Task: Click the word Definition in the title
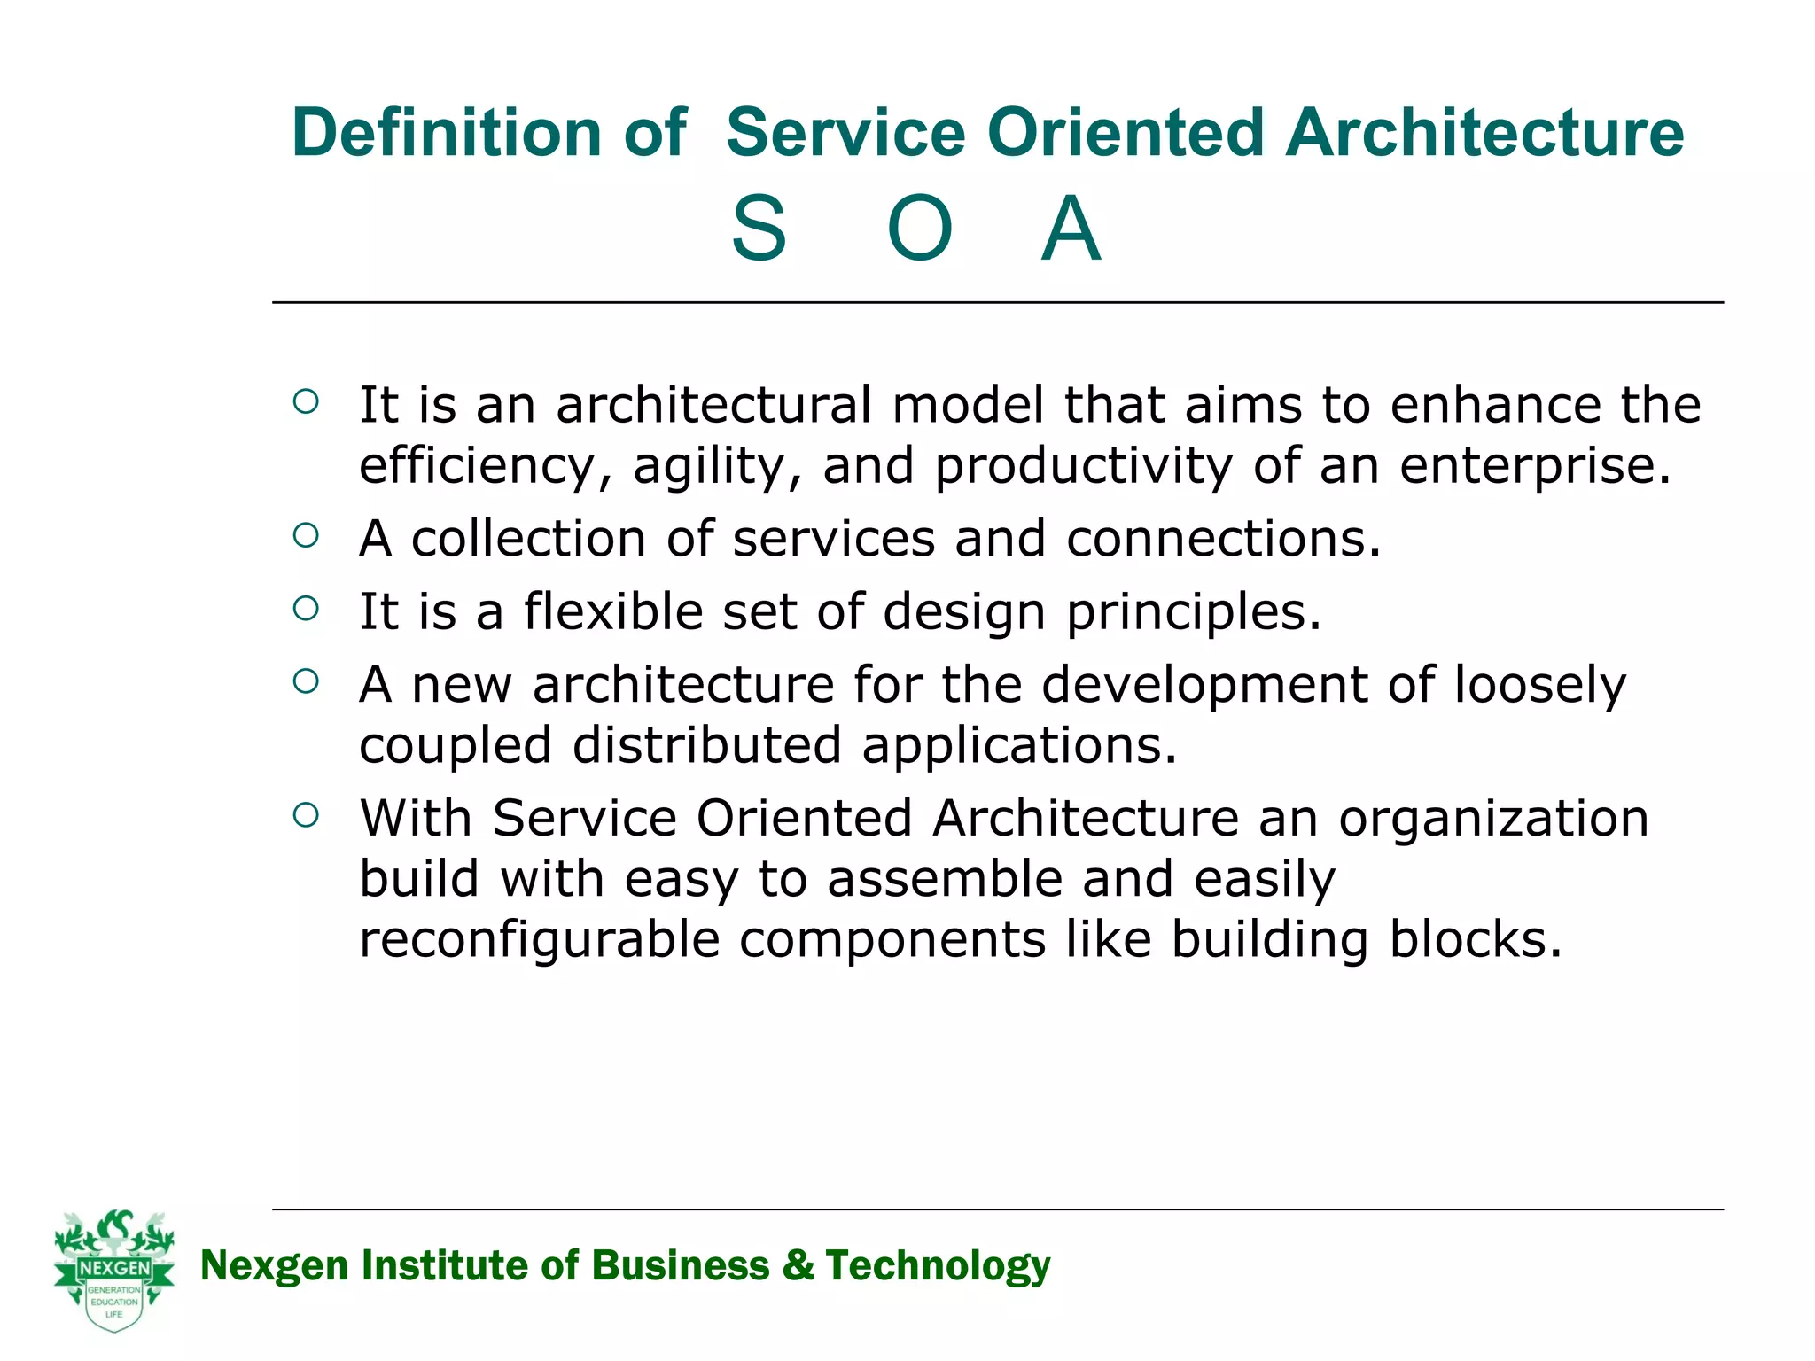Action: [446, 133]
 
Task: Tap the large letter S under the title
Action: [759, 230]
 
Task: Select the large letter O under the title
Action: [919, 230]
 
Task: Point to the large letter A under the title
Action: [1071, 230]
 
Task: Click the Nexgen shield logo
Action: [114, 1270]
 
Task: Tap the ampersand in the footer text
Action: [797, 1265]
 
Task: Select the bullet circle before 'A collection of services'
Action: [306, 535]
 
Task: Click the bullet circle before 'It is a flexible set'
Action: [306, 608]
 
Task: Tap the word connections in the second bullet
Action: [1223, 539]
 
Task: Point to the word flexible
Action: [612, 611]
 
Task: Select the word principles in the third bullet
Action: [1193, 611]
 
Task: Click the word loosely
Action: [1539, 685]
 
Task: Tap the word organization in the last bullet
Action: [1493, 818]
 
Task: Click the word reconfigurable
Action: [539, 939]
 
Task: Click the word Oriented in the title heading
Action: [1124, 133]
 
